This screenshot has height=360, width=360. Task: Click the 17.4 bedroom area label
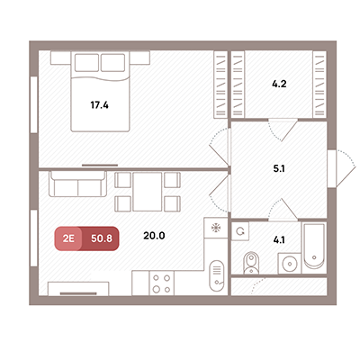(99, 105)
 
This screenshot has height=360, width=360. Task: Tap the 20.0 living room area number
(154, 236)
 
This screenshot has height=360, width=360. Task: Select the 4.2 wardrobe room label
(279, 84)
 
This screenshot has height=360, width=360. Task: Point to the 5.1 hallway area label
(279, 169)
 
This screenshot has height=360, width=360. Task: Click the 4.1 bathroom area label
(279, 240)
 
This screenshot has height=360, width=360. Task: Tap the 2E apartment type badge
(68, 238)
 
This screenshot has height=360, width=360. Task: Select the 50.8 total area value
(102, 238)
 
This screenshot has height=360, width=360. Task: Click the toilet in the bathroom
(251, 263)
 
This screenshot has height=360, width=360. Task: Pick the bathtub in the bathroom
(314, 246)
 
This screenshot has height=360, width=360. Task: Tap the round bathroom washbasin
(290, 264)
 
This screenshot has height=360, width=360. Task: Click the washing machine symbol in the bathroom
(240, 231)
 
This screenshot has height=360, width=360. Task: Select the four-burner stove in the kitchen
(162, 283)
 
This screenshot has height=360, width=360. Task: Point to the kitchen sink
(217, 275)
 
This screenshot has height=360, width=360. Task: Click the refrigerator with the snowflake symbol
(216, 228)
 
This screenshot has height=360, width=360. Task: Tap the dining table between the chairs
(148, 192)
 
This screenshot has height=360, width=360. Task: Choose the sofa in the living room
(77, 184)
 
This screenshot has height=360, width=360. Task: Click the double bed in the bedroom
(100, 92)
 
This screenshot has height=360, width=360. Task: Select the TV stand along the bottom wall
(78, 289)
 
